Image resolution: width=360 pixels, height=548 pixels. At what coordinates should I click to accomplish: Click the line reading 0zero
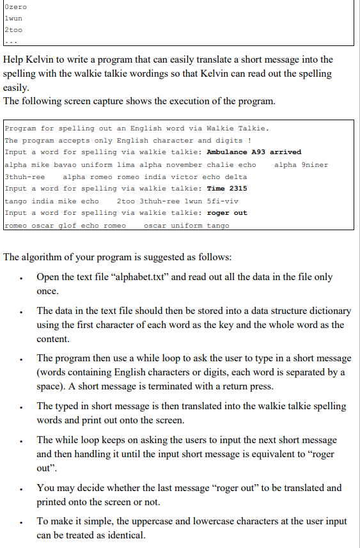pyautogui.click(x=15, y=6)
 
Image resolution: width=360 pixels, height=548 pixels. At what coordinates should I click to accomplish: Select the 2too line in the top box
pyautogui.click(x=13, y=31)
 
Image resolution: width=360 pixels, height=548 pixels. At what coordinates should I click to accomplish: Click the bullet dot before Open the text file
pyautogui.click(x=22, y=279)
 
